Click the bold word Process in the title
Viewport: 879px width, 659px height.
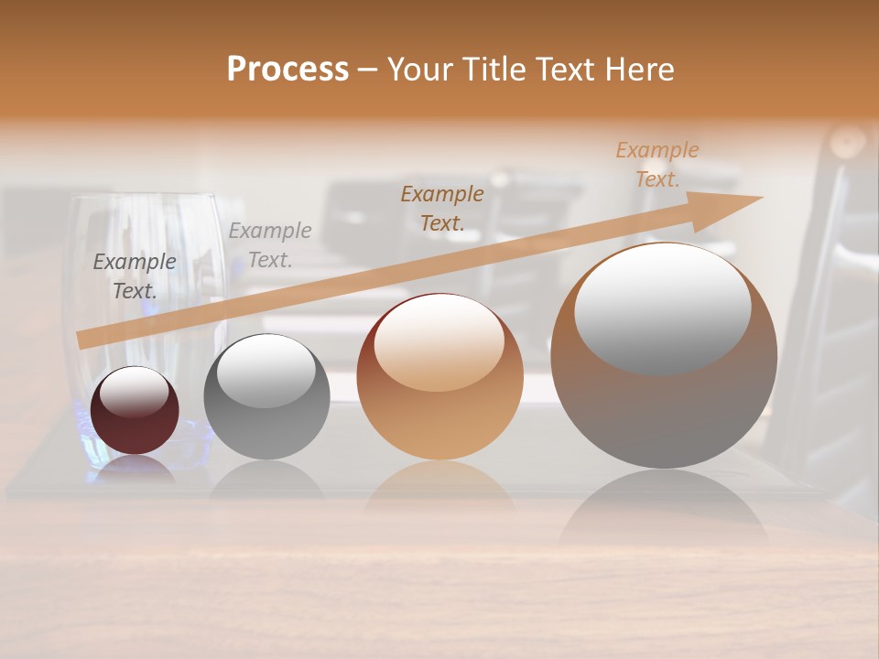click(288, 69)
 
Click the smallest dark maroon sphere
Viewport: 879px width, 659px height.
click(135, 410)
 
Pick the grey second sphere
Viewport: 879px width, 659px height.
click(266, 397)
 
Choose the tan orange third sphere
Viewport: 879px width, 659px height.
click(439, 377)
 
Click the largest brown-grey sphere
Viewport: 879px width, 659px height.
click(664, 356)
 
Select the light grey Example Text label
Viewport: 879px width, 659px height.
click(270, 244)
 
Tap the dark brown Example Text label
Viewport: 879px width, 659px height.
click(442, 208)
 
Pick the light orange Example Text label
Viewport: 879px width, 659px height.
click(657, 164)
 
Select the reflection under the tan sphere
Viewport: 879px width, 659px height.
click(439, 490)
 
